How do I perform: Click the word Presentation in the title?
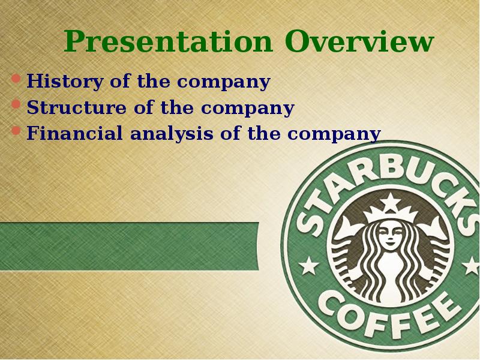coord(168,42)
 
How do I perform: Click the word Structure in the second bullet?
coord(77,107)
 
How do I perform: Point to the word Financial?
coord(74,133)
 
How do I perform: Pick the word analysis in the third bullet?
coord(172,134)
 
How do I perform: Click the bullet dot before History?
coord(16,79)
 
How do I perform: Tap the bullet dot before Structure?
coord(16,104)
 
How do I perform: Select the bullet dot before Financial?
coord(16,131)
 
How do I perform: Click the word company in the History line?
coord(224,83)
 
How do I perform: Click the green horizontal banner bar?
coord(129,247)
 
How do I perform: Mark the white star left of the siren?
coord(308,265)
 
